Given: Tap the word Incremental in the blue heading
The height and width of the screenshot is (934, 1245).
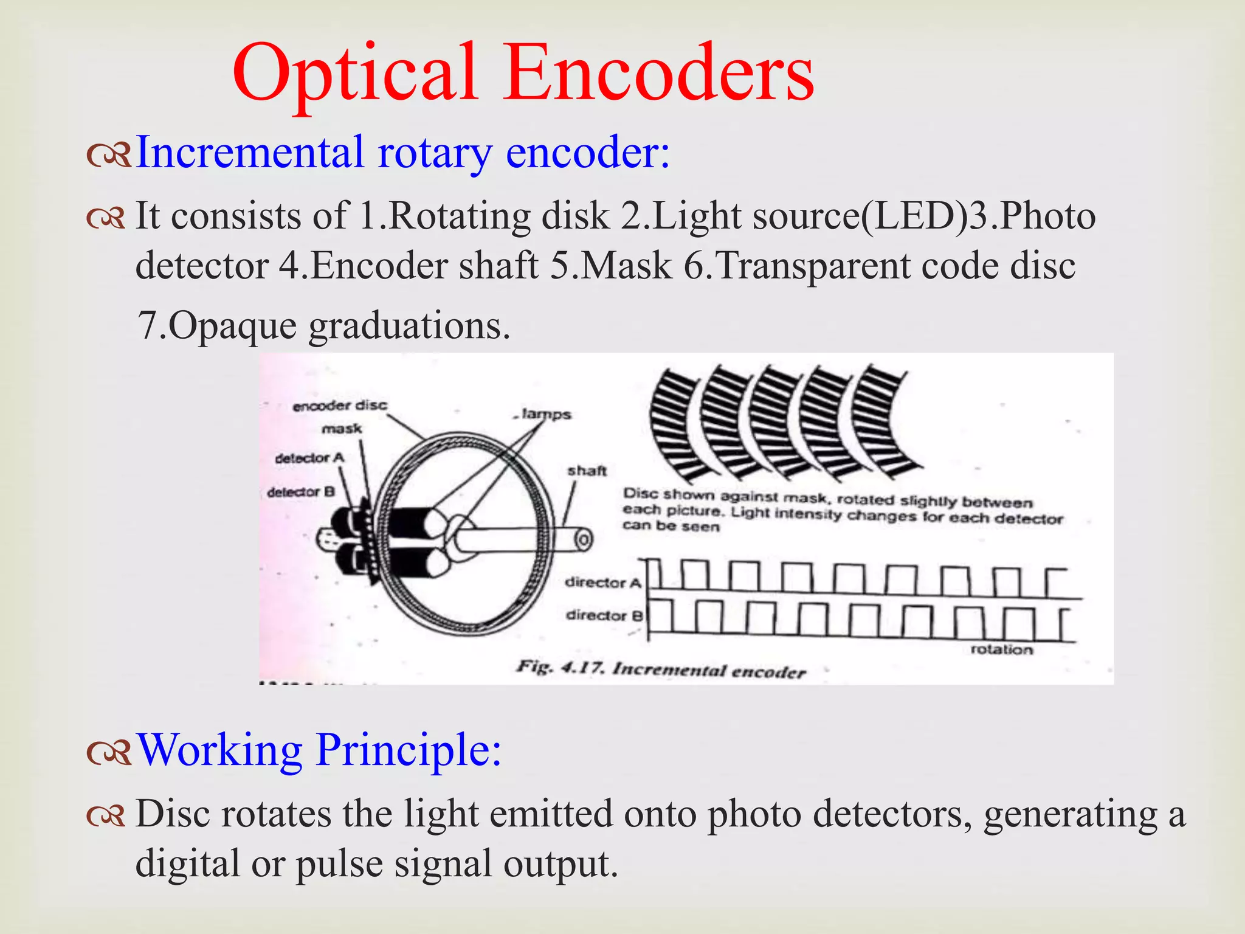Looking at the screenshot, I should (249, 152).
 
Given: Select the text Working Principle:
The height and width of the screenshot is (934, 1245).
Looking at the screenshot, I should (320, 750).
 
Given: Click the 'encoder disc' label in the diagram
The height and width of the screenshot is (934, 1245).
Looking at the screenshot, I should (339, 406).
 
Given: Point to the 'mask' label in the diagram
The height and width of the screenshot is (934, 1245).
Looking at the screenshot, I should (342, 429).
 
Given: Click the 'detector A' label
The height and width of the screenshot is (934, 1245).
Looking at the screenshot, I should (309, 458).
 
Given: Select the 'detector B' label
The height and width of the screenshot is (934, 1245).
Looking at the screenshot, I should (301, 491).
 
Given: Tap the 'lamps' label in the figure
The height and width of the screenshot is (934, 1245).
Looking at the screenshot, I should (545, 414).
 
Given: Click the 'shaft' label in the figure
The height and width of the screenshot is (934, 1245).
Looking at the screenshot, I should (587, 470).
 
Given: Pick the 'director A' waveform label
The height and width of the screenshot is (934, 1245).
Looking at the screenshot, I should (603, 582).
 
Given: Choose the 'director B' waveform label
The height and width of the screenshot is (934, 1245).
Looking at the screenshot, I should (604, 615).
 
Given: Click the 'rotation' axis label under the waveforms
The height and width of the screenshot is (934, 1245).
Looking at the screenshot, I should (1001, 649).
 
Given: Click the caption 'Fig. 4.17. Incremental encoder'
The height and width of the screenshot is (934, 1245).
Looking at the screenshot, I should (661, 669).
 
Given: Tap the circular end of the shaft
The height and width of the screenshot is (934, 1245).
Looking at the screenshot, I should (583, 539).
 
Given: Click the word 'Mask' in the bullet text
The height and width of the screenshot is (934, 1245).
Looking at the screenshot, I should (626, 266).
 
